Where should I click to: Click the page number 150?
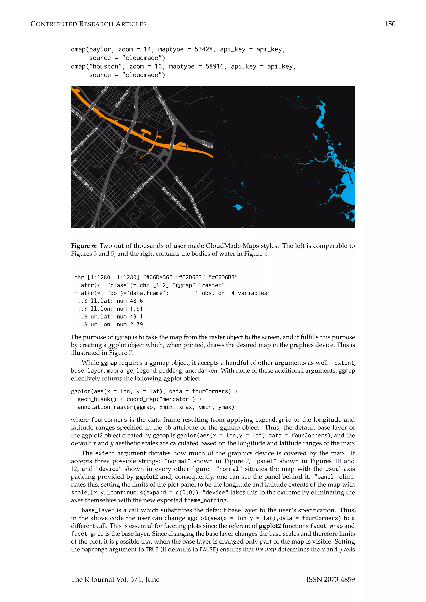[390, 24]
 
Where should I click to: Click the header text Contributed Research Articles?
[88, 24]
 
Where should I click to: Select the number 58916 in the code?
[215, 66]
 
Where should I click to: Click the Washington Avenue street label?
[84, 141]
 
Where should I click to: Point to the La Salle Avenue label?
[142, 187]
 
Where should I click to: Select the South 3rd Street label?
[174, 199]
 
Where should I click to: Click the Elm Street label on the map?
[122, 99]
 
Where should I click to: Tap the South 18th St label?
[83, 181]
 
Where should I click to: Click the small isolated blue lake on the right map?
[238, 207]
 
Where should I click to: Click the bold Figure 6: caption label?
[84, 246]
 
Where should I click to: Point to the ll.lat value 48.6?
[136, 301]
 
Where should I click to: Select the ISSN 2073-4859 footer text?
[330, 580]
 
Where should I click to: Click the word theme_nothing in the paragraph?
[206, 500]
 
